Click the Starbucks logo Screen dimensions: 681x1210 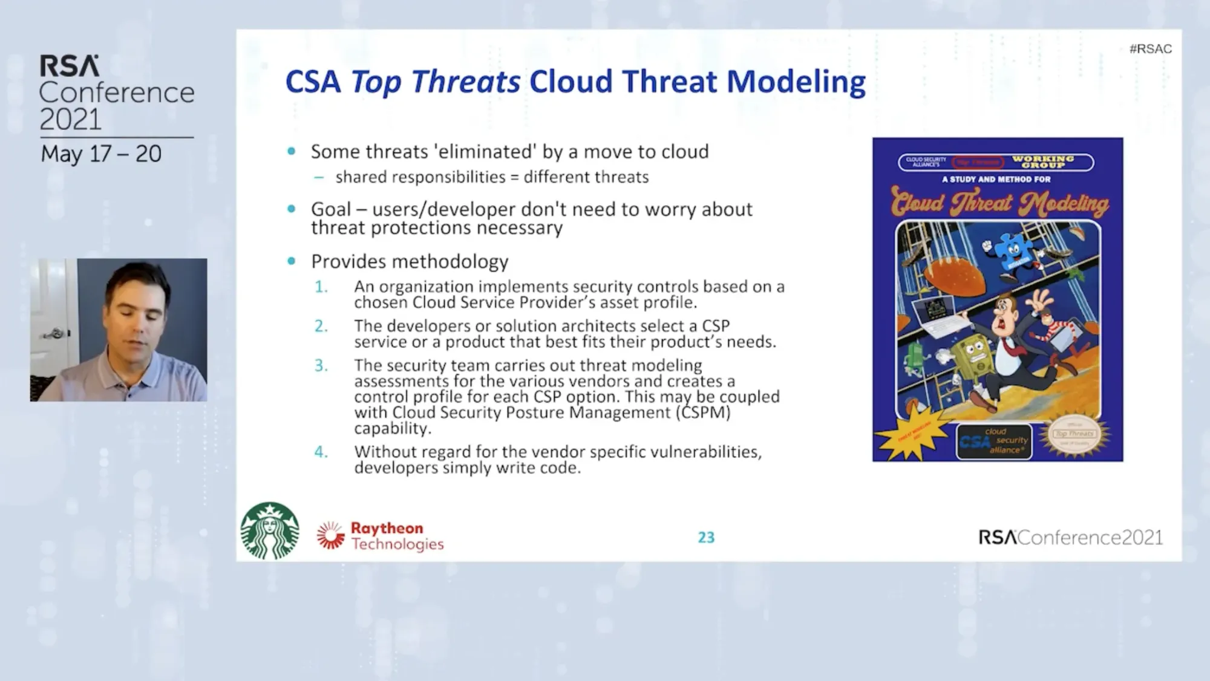coord(270,530)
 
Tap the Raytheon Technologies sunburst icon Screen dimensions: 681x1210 coord(330,535)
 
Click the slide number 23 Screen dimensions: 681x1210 coord(706,538)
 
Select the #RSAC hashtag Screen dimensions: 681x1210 coord(1150,49)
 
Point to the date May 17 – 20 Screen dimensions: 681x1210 coord(101,154)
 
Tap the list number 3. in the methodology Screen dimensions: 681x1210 coord(321,366)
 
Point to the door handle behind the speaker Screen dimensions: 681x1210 coord(55,333)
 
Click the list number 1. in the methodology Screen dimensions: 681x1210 coord(321,287)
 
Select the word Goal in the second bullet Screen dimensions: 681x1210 coord(330,209)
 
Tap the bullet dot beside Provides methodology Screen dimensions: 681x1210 coord(292,261)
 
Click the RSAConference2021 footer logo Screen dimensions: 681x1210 coord(1070,538)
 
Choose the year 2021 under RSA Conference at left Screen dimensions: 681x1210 coord(70,120)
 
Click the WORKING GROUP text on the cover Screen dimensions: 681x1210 coord(1043,161)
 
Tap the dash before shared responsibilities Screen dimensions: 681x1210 coord(319,177)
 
